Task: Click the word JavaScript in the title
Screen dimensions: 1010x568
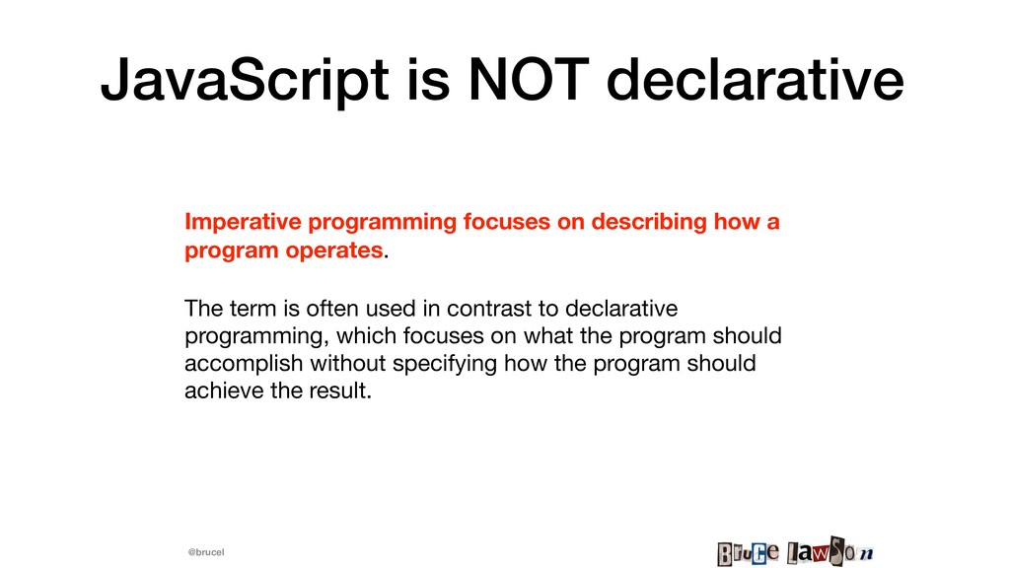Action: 245,82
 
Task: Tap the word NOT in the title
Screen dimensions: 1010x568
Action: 529,80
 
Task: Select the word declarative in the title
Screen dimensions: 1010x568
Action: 755,80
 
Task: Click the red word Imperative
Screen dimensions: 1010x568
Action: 243,222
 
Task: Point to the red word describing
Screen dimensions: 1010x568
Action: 649,222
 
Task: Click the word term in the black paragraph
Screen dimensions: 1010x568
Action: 255,309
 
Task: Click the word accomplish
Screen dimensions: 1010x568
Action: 244,364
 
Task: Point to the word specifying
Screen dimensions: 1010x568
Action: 445,364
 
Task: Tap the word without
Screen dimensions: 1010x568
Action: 348,363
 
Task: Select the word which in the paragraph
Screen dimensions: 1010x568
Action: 367,336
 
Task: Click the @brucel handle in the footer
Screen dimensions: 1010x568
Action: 206,552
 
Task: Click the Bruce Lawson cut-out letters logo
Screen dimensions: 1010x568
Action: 796,552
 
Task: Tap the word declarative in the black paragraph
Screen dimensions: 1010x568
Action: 621,309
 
